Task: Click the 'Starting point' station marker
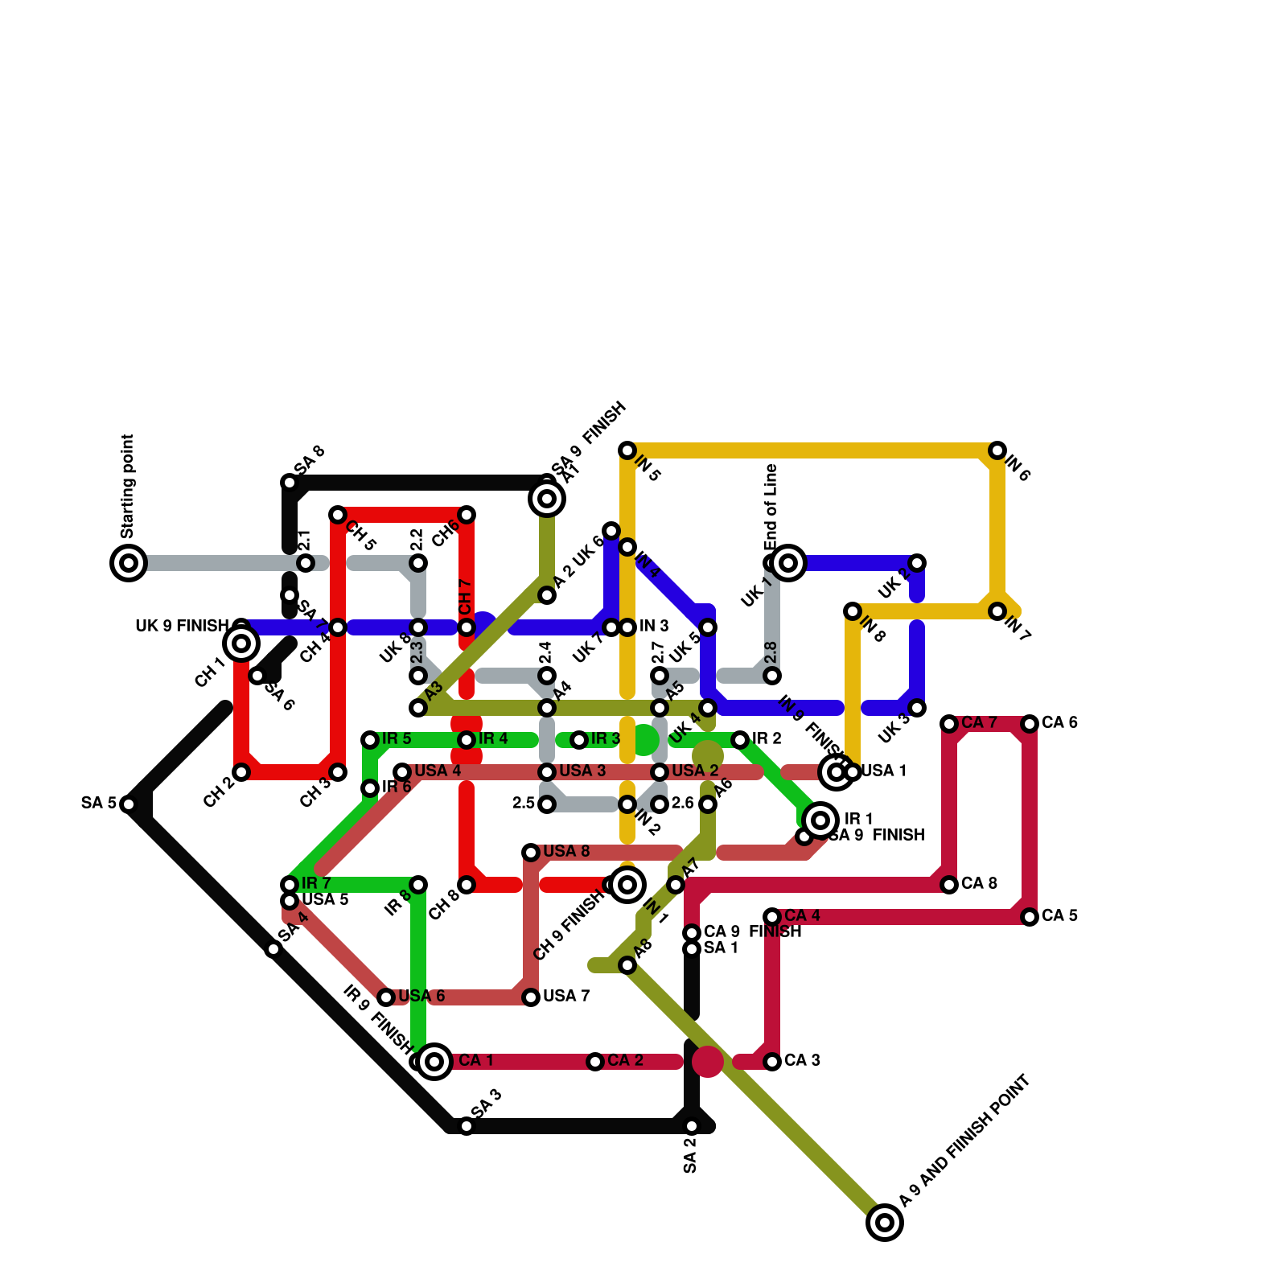click(129, 563)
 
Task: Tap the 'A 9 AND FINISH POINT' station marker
click(885, 1223)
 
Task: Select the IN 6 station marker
click(997, 450)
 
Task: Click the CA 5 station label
click(1059, 916)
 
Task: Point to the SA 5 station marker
click(129, 804)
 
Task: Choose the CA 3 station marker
click(772, 1062)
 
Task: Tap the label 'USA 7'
click(566, 997)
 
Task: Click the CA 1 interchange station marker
click(434, 1062)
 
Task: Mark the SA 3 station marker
click(467, 1126)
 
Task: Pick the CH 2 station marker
click(241, 772)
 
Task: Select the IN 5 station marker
click(627, 450)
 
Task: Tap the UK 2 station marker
click(917, 563)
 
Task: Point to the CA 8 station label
click(979, 884)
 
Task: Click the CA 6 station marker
click(1030, 724)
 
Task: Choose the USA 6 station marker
click(386, 997)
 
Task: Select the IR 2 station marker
click(740, 739)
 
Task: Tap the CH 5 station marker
click(338, 515)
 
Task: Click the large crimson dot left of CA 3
click(708, 1062)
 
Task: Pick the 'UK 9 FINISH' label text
click(182, 627)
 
